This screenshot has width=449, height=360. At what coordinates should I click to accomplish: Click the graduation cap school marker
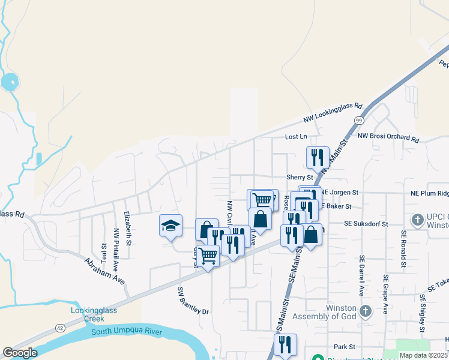(x=170, y=226)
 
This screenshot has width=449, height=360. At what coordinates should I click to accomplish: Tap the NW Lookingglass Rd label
(x=333, y=113)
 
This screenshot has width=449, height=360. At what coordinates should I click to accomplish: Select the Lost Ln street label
(x=295, y=137)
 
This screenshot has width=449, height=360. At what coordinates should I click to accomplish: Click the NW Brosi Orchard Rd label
(x=387, y=137)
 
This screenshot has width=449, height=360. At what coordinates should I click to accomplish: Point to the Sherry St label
(x=300, y=177)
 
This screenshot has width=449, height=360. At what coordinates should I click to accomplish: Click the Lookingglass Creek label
(x=91, y=314)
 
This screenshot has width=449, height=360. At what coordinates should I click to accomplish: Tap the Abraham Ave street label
(x=104, y=272)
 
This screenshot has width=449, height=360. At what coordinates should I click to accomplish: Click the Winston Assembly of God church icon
(x=366, y=311)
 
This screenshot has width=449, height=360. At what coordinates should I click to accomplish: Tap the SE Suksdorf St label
(x=366, y=223)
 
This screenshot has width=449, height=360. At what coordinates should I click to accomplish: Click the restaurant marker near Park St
(x=285, y=345)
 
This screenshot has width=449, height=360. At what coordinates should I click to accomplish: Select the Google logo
(x=19, y=353)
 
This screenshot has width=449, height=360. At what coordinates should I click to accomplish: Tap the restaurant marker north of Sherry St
(x=318, y=158)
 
